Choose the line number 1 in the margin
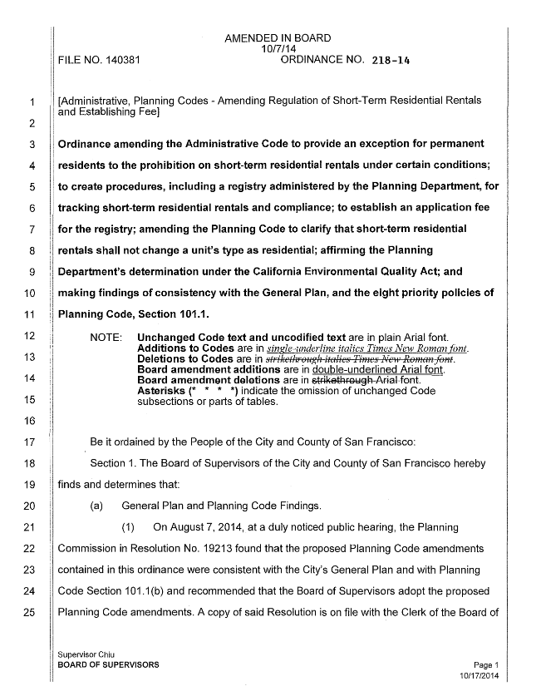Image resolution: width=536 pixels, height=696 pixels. click(x=30, y=103)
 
